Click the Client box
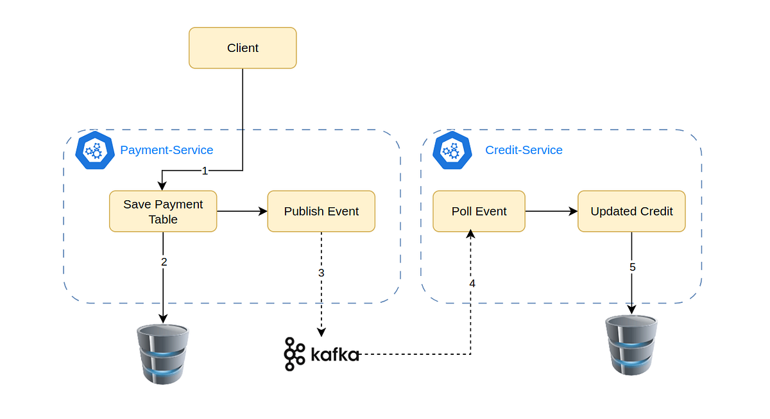point(243,47)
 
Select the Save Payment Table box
point(163,211)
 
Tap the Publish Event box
point(321,211)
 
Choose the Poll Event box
point(479,211)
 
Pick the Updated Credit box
point(631,211)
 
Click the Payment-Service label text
point(167,150)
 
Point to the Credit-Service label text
point(524,150)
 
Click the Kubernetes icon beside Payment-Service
point(95,150)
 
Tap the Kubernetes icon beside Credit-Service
point(452,150)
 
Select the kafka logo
point(321,354)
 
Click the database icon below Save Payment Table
point(163,354)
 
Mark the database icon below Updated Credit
point(631,345)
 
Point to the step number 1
point(205,171)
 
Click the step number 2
point(164,262)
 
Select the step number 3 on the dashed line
point(321,273)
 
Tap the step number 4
point(472,283)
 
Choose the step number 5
point(632,267)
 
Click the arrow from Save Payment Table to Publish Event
point(242,211)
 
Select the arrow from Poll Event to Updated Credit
point(551,211)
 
